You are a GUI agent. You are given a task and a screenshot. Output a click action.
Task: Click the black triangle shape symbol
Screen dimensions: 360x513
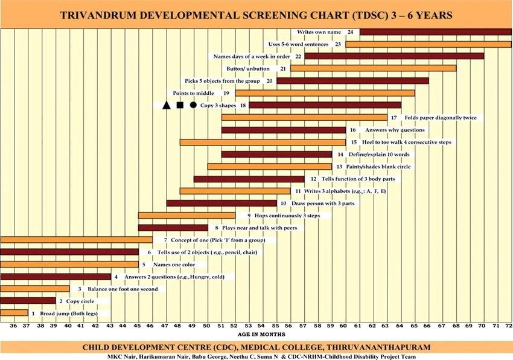click(x=166, y=104)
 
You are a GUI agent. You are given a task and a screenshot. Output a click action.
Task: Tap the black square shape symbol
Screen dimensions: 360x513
click(x=179, y=104)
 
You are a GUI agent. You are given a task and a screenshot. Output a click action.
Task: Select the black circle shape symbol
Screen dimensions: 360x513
click(x=193, y=104)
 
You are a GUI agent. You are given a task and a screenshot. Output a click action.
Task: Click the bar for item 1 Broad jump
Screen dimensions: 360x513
click(x=14, y=313)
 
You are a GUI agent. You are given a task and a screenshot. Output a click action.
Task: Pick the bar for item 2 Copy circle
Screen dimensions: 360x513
click(x=28, y=300)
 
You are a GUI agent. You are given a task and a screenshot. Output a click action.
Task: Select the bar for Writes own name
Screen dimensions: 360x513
click(x=435, y=31)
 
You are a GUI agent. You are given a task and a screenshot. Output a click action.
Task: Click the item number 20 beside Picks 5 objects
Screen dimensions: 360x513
click(x=269, y=80)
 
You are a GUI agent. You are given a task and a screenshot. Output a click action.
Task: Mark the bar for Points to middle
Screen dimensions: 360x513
click(x=325, y=93)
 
